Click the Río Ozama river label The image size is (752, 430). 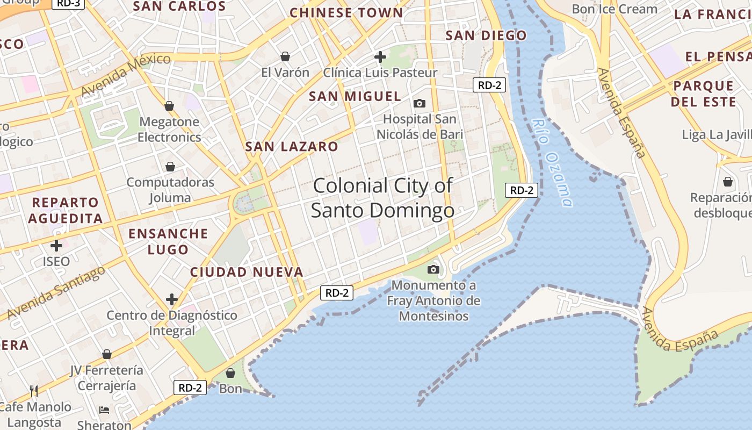click(x=551, y=162)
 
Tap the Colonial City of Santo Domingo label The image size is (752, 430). click(x=382, y=198)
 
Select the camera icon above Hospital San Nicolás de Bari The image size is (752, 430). click(x=419, y=103)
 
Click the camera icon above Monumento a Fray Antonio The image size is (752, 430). click(x=433, y=269)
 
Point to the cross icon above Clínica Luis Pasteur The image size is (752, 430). click(x=380, y=56)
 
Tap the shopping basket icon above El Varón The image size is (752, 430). click(x=285, y=56)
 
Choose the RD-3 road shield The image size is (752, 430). click(x=68, y=3)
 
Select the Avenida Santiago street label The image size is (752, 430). click(x=56, y=292)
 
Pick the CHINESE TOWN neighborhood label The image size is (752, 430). click(x=346, y=13)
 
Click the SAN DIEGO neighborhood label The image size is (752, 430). click(x=486, y=35)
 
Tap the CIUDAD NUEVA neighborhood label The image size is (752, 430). click(x=247, y=272)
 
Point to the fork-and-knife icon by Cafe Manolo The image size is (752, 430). click(x=33, y=391)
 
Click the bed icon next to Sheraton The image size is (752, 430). click(x=104, y=410)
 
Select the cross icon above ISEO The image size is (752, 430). click(x=56, y=246)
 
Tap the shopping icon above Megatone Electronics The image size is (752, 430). click(x=169, y=106)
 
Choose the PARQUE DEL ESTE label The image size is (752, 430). click(x=703, y=94)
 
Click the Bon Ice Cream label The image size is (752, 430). click(x=614, y=9)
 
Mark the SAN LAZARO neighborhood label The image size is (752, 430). click(x=292, y=146)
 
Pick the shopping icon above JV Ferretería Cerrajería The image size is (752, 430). click(x=107, y=354)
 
